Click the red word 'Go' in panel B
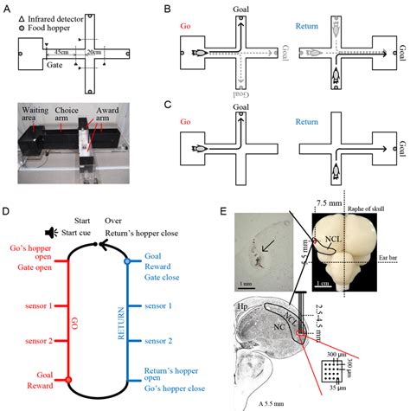184,27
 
